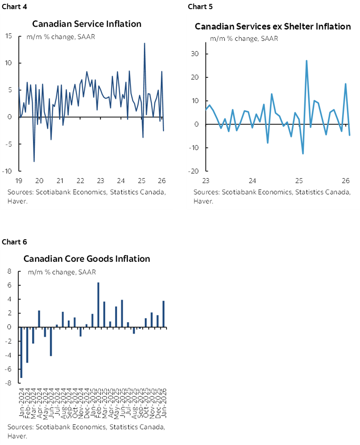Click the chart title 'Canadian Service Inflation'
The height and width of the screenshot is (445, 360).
(87, 23)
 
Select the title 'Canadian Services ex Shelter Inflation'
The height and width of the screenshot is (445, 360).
(273, 27)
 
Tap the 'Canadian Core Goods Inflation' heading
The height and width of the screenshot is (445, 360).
(87, 259)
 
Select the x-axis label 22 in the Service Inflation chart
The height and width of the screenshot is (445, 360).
(80, 181)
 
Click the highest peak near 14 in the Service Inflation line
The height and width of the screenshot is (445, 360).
(144, 43)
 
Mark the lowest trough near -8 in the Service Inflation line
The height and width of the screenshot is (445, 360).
(34, 161)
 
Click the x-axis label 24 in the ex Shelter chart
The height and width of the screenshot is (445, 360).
(253, 181)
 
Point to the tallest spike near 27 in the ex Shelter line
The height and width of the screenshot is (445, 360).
(307, 61)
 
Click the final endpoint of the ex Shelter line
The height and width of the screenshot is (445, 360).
(350, 135)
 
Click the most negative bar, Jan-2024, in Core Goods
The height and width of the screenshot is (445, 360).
(21, 352)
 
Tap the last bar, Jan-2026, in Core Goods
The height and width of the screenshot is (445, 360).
(163, 314)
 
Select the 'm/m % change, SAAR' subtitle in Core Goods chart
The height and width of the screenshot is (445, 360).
(62, 272)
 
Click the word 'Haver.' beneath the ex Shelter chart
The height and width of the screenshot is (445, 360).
(203, 201)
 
